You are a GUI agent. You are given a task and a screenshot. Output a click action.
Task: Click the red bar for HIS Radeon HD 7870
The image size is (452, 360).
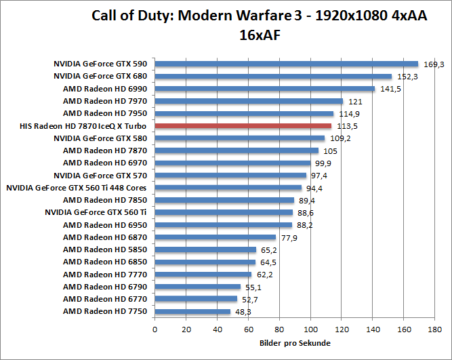[x=243, y=126]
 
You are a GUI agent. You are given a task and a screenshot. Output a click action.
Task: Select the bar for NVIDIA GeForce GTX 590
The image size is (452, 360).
[x=287, y=64]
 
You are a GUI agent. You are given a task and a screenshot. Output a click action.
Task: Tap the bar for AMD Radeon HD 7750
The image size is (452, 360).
[x=192, y=312]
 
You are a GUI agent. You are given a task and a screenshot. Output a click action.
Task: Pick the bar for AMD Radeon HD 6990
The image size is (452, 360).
[x=265, y=89]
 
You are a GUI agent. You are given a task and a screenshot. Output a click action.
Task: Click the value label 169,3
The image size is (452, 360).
[x=433, y=64]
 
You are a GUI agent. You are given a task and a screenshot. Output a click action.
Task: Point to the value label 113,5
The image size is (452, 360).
[x=346, y=126]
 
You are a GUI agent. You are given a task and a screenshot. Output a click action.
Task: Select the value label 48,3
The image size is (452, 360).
[x=244, y=312]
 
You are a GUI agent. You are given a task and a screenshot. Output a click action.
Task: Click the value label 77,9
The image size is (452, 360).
[x=290, y=237]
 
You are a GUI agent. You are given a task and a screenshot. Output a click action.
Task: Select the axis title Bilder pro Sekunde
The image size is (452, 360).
[x=295, y=344]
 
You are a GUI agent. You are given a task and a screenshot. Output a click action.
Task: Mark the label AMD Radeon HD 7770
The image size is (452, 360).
[x=105, y=275]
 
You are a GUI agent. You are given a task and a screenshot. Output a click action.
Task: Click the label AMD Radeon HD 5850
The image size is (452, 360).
[x=105, y=249]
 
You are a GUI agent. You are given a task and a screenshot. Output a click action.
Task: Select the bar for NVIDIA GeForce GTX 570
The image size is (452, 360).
[x=231, y=176]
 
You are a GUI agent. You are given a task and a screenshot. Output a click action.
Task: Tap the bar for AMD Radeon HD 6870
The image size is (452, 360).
[x=215, y=237]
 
